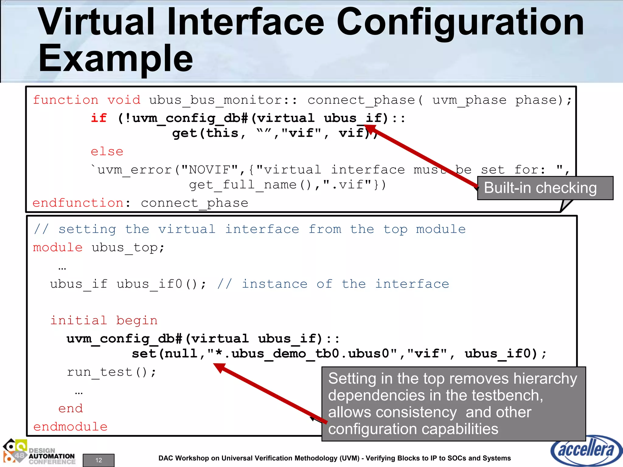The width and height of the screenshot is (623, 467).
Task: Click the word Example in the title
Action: (x=116, y=58)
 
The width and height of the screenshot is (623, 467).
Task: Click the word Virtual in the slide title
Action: (x=96, y=22)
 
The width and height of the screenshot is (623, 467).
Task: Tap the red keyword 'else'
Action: (x=107, y=151)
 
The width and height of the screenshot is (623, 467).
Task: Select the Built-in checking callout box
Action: (x=545, y=188)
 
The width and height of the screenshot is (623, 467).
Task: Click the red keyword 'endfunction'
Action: (x=78, y=203)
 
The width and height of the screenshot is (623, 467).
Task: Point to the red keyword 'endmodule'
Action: (x=70, y=427)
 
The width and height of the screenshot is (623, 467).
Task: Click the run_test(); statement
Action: (x=112, y=372)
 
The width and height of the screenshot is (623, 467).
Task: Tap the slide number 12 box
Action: (x=99, y=460)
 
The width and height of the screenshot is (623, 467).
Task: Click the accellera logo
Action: (x=586, y=450)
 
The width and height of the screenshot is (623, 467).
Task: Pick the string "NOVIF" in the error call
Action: (x=210, y=170)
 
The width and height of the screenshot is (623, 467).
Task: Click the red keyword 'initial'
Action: (x=78, y=320)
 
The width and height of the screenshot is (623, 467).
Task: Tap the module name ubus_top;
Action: (x=128, y=247)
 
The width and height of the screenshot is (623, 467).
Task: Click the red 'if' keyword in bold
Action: (x=99, y=118)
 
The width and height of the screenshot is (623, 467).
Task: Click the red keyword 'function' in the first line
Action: (x=66, y=100)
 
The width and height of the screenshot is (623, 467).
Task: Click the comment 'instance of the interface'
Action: (x=345, y=284)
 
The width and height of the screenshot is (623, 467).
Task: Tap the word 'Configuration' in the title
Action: (x=460, y=22)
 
